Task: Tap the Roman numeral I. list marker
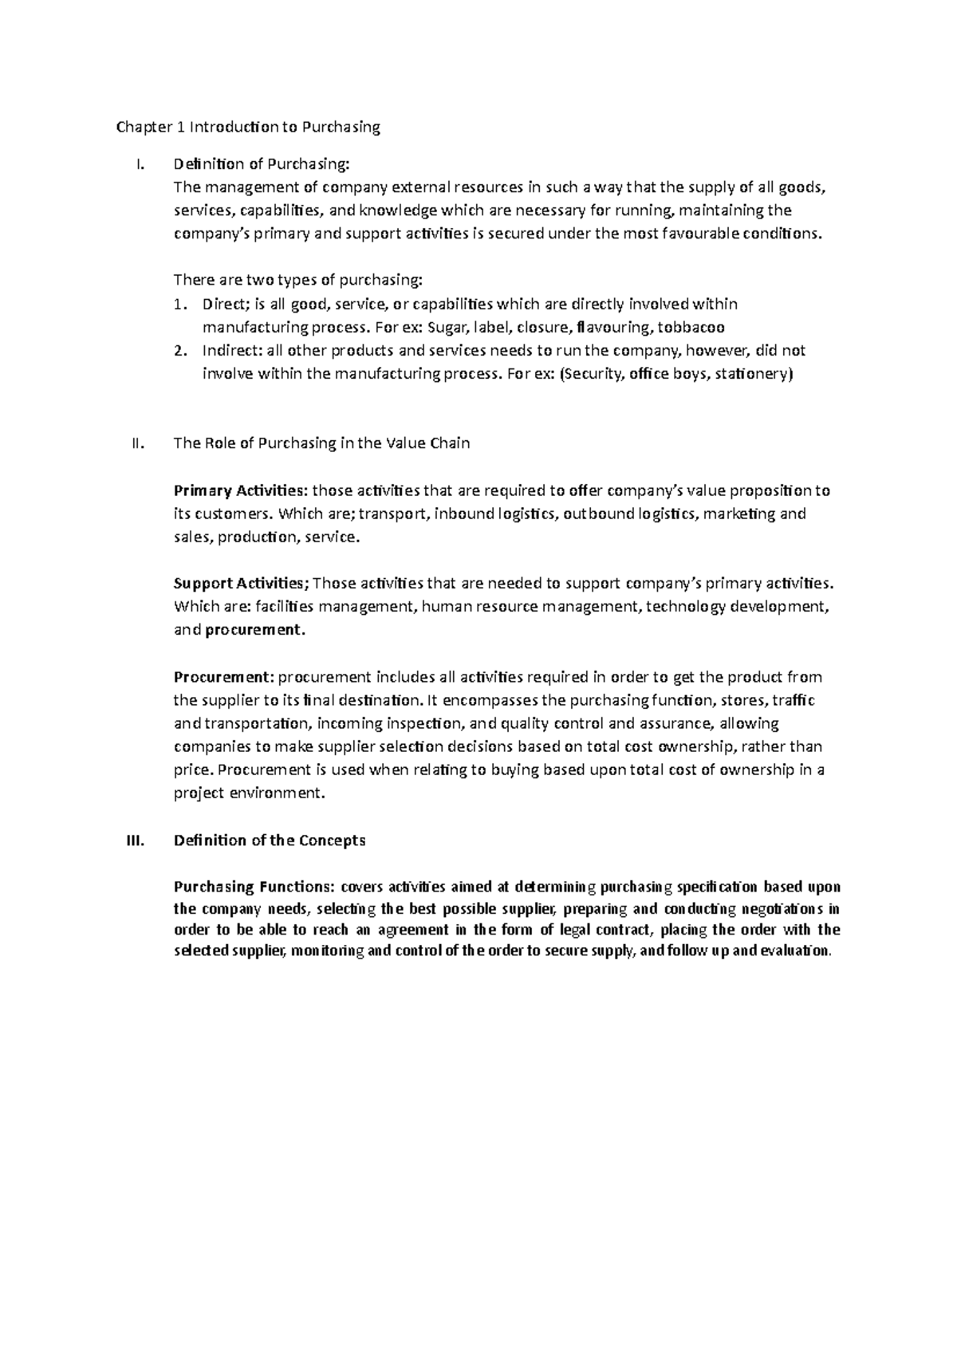140,165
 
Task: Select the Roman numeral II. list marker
136,443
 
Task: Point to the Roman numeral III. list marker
134,840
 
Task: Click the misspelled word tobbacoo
691,328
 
